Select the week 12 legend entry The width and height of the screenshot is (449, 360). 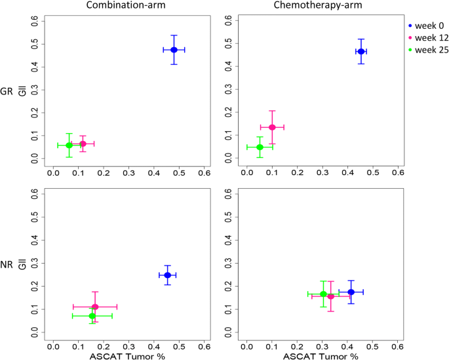[427, 39]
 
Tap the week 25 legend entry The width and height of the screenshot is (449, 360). [427, 52]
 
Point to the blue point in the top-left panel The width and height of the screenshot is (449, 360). [174, 50]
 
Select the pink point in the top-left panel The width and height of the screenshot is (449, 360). [83, 144]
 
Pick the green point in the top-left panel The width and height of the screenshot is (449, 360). [69, 146]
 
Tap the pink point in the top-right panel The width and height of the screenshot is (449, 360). [272, 127]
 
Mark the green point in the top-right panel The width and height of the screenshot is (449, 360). [260, 147]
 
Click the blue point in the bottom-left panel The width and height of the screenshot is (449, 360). [167, 275]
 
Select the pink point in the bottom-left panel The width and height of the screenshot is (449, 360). [95, 306]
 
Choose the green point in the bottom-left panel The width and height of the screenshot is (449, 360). [92, 316]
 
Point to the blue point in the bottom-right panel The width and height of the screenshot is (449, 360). [351, 292]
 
